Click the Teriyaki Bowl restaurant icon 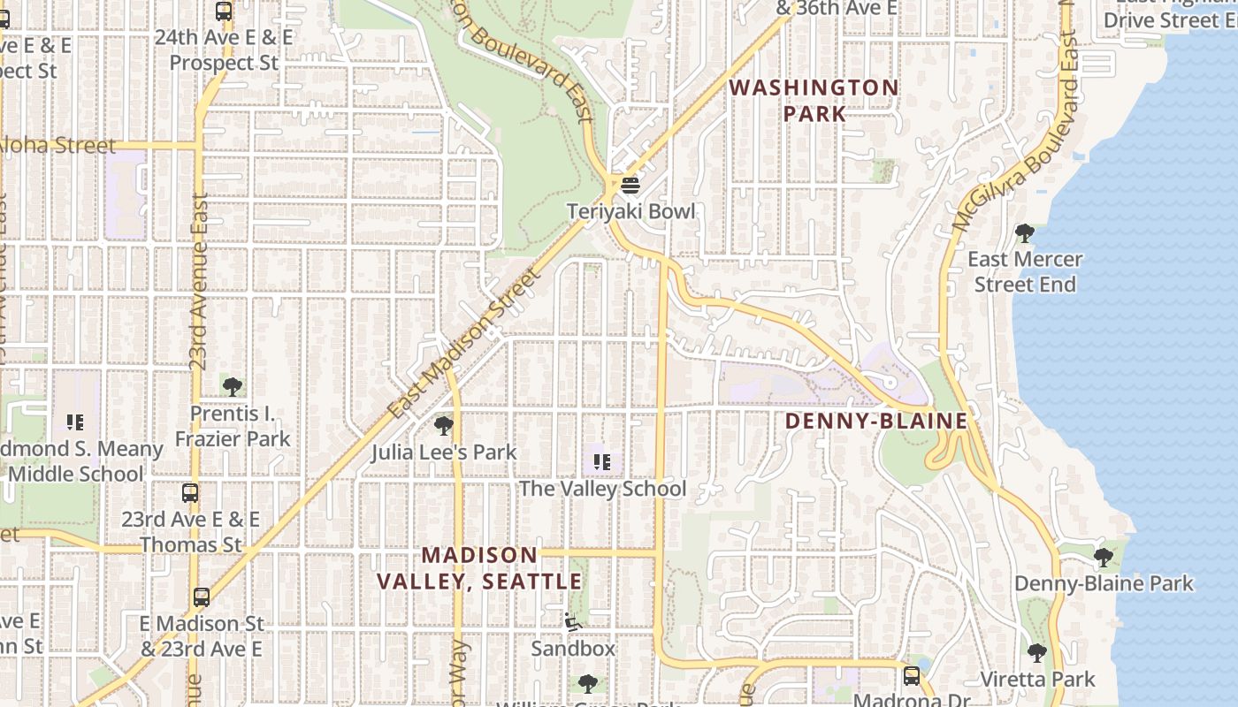(630, 186)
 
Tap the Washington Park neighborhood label (814, 101)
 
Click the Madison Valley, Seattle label (479, 568)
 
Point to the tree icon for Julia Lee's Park (444, 426)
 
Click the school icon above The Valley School (602, 462)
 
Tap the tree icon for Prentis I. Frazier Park (233, 387)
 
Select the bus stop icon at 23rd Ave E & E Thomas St (190, 493)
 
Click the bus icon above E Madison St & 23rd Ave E (202, 597)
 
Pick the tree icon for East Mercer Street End (1025, 233)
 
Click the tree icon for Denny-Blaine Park (1103, 558)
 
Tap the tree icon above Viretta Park (1037, 653)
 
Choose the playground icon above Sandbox (573, 622)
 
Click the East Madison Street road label (464, 345)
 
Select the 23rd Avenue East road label (200, 281)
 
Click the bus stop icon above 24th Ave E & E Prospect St (224, 11)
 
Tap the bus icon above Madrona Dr (911, 676)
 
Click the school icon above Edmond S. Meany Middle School (75, 422)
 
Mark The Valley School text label (602, 489)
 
